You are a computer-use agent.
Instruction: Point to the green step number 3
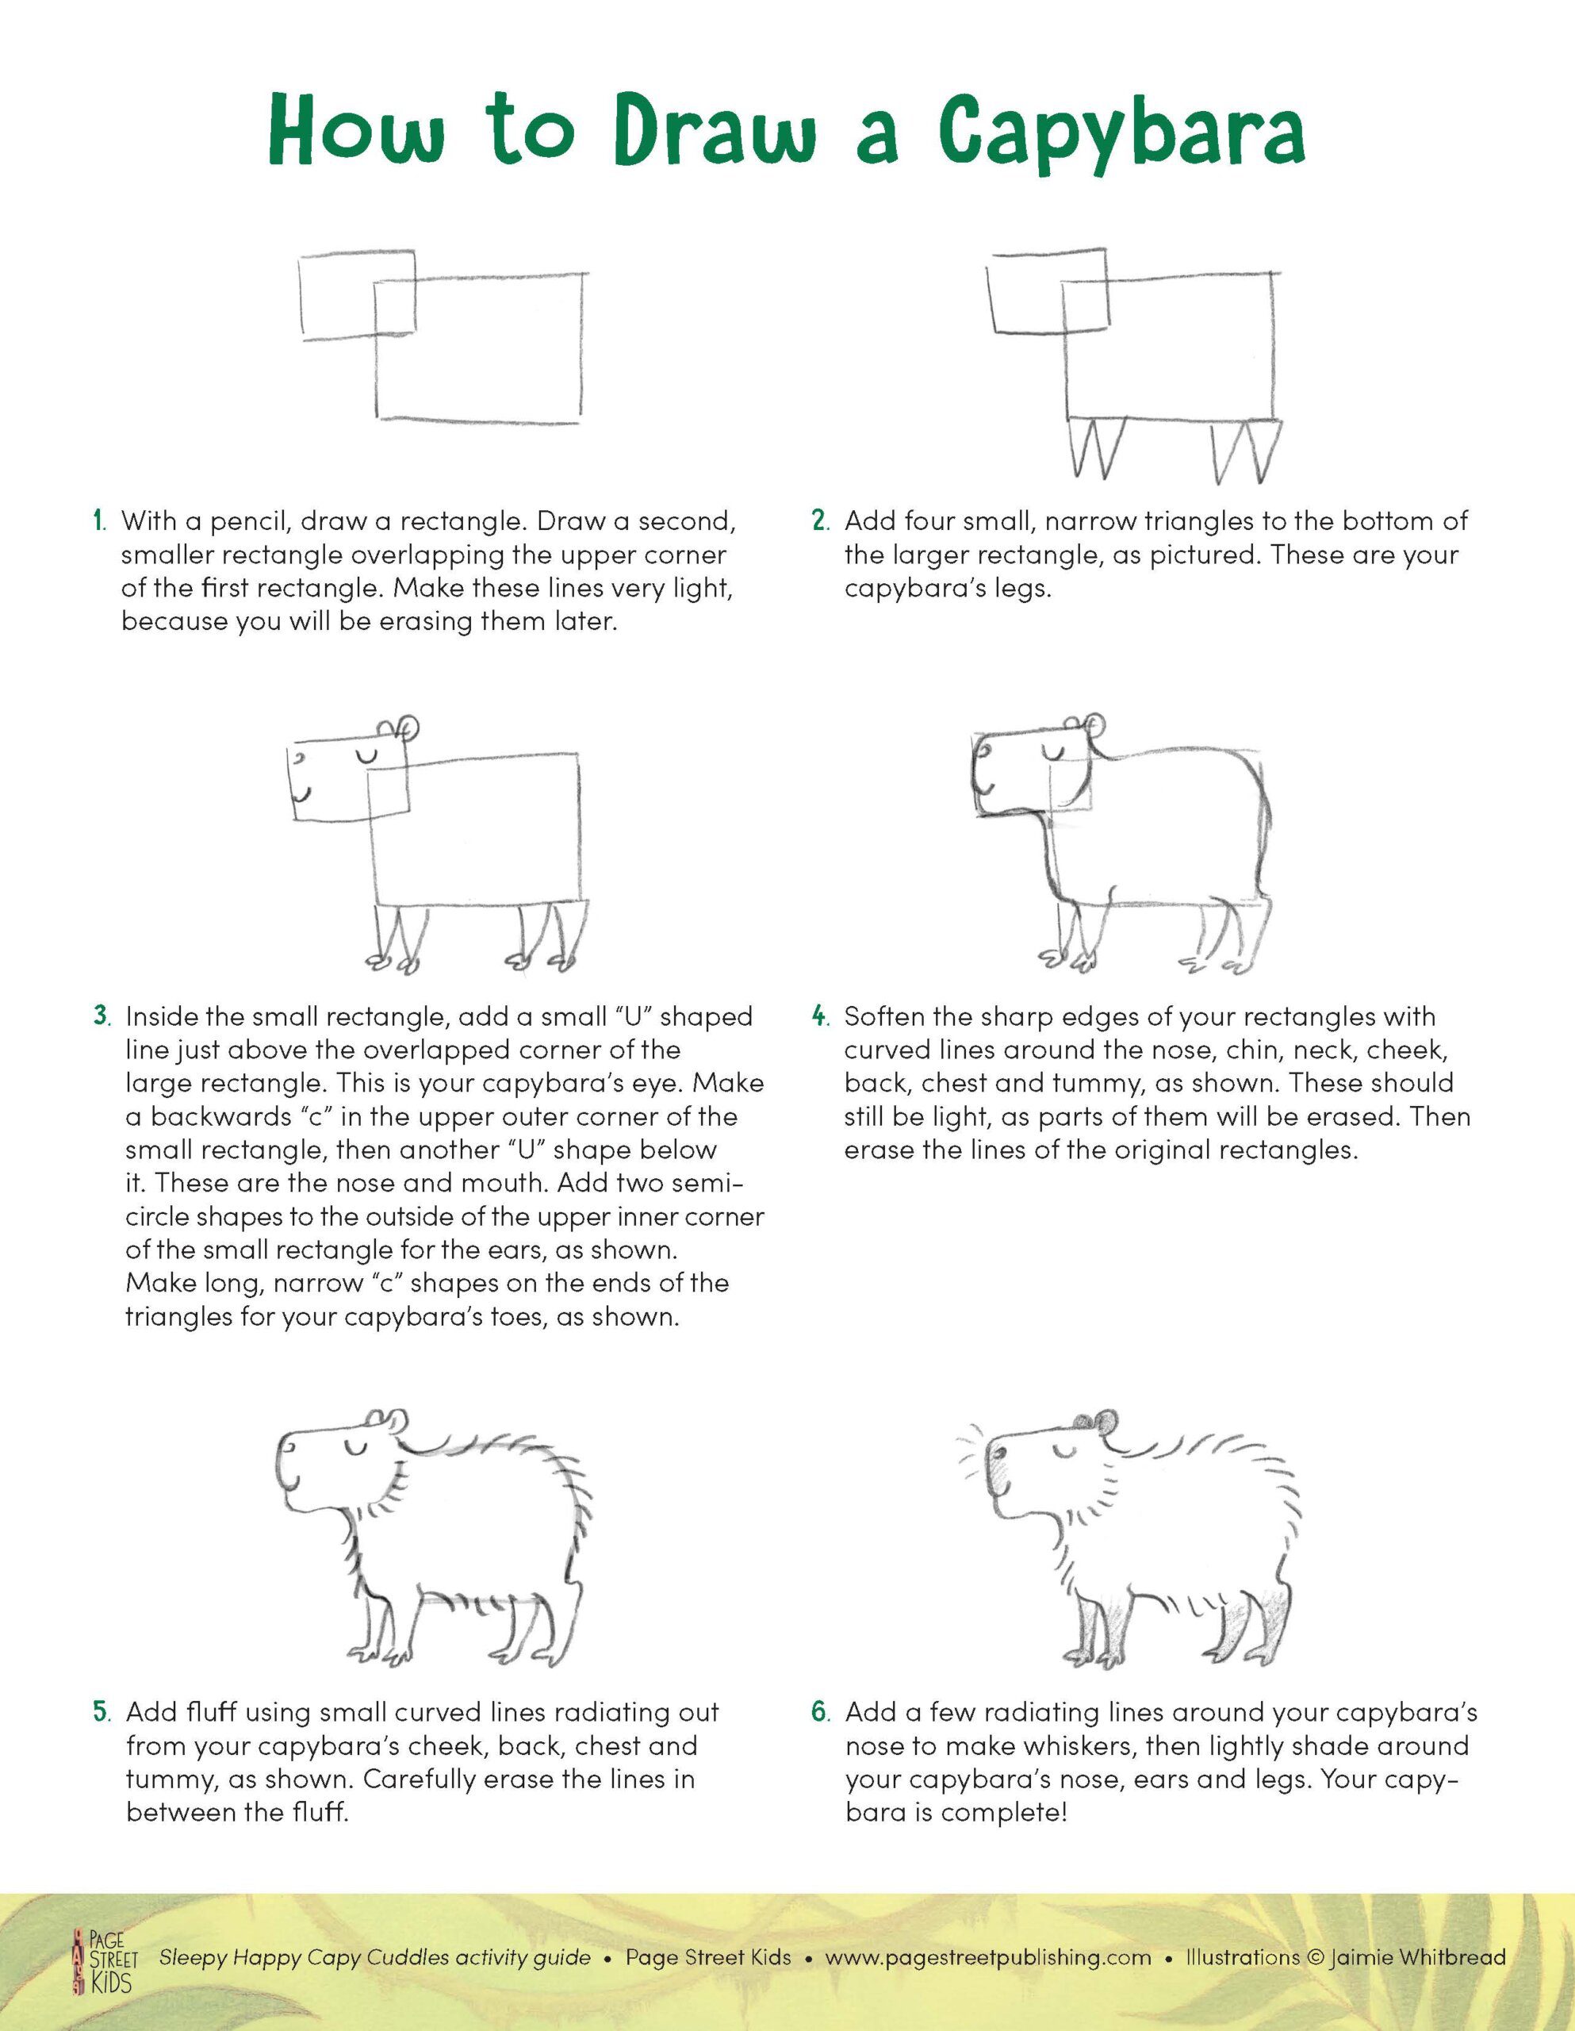click(102, 1016)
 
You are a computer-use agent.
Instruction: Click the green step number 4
click(819, 1016)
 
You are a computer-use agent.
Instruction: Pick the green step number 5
click(102, 1713)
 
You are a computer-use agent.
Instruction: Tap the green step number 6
click(819, 1713)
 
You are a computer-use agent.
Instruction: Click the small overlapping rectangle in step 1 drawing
click(356, 295)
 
